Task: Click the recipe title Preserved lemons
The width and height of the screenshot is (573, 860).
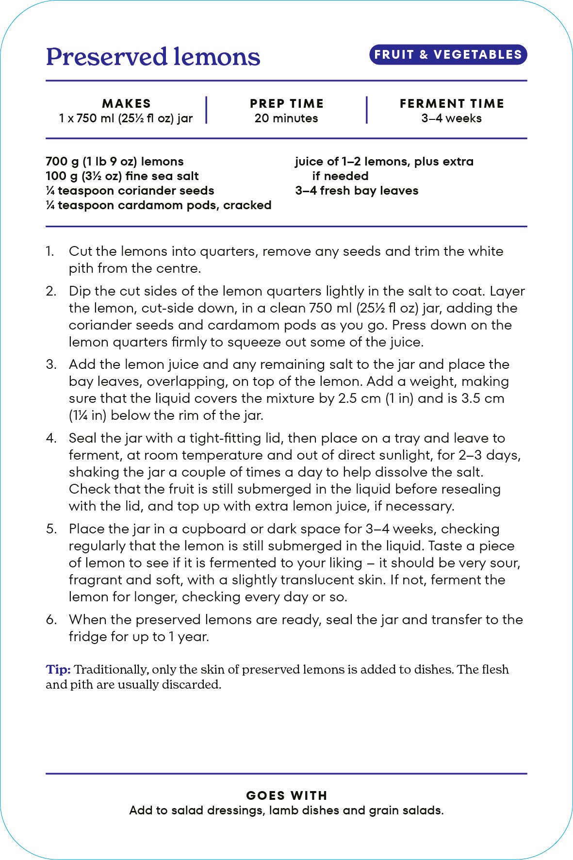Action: pyautogui.click(x=153, y=57)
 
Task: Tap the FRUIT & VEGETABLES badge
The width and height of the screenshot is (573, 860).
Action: pyautogui.click(x=448, y=54)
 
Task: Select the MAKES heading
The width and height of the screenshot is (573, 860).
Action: pyautogui.click(x=126, y=103)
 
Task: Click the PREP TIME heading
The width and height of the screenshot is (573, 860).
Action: pyautogui.click(x=286, y=103)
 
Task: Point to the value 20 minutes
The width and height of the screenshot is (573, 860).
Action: pyautogui.click(x=286, y=118)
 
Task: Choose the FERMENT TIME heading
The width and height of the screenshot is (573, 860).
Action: pyautogui.click(x=451, y=103)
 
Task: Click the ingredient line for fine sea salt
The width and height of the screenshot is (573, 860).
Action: pyautogui.click(x=122, y=176)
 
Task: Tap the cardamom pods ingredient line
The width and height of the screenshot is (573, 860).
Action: pyautogui.click(x=158, y=205)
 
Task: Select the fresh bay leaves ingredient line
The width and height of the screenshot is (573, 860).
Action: pyautogui.click(x=357, y=191)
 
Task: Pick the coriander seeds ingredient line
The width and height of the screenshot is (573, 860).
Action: pyautogui.click(x=130, y=191)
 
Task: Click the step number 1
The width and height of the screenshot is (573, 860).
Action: pyautogui.click(x=50, y=251)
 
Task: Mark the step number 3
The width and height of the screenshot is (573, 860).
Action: pyautogui.click(x=51, y=364)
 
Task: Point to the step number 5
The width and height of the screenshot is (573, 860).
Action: pyautogui.click(x=51, y=529)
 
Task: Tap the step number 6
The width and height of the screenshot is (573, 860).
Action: pyautogui.click(x=51, y=620)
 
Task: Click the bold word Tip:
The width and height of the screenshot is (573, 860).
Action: pyautogui.click(x=58, y=670)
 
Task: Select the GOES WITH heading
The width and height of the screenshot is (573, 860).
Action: pyautogui.click(x=286, y=795)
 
